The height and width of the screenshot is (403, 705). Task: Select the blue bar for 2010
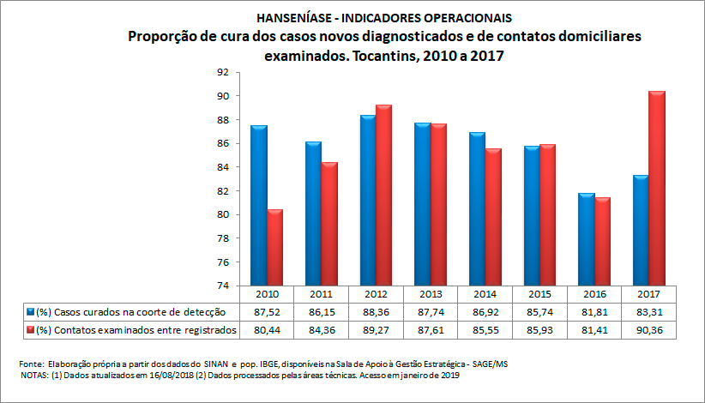click(259, 206)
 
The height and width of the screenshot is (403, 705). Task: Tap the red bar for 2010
click(275, 248)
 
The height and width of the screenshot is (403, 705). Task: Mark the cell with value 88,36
click(376, 310)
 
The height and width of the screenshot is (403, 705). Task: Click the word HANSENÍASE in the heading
click(292, 17)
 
